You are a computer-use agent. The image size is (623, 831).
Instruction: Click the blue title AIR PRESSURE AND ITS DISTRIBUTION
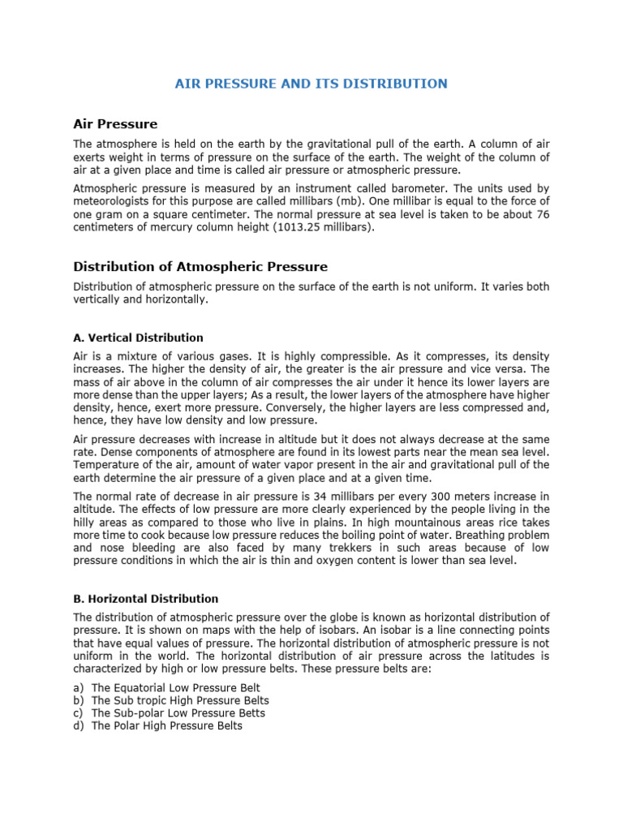click(311, 84)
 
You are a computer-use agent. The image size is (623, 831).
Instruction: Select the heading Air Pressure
click(115, 124)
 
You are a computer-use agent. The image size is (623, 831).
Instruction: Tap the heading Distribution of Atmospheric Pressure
click(200, 266)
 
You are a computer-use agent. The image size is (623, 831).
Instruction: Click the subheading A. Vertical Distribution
click(138, 338)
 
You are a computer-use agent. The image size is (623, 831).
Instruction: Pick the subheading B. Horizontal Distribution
click(146, 599)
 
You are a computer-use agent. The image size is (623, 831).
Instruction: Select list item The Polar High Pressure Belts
click(166, 726)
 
